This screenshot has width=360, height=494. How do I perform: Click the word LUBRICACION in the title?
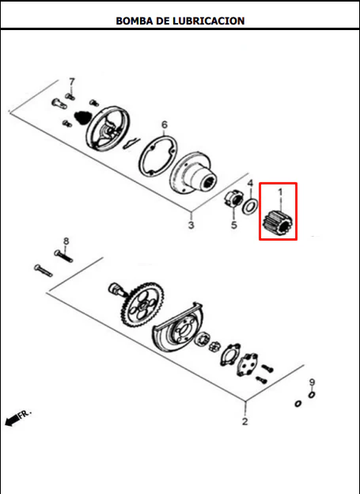pyautogui.click(x=209, y=21)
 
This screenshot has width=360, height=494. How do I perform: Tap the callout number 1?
pyautogui.click(x=280, y=192)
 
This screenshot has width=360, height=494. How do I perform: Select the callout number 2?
pyautogui.click(x=245, y=421)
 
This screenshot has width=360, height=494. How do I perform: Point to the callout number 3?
pyautogui.click(x=191, y=226)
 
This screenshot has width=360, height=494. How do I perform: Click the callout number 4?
pyautogui.click(x=250, y=183)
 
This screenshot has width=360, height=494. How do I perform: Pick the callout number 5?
pyautogui.click(x=233, y=225)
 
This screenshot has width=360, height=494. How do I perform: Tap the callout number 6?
pyautogui.click(x=165, y=125)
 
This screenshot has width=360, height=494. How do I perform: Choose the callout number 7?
pyautogui.click(x=72, y=82)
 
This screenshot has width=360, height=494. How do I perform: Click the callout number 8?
pyautogui.click(x=66, y=241)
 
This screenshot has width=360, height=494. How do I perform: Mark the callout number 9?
pyautogui.click(x=312, y=382)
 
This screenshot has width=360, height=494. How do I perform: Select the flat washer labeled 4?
pyautogui.click(x=250, y=207)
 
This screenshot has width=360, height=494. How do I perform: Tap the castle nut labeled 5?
pyautogui.click(x=233, y=199)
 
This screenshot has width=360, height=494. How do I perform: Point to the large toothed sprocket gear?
pyautogui.click(x=142, y=304)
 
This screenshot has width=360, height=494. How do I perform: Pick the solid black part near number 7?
pyautogui.click(x=82, y=116)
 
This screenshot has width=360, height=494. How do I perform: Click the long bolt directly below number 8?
pyautogui.click(x=63, y=256)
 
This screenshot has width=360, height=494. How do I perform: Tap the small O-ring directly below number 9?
pyautogui.click(x=312, y=395)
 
